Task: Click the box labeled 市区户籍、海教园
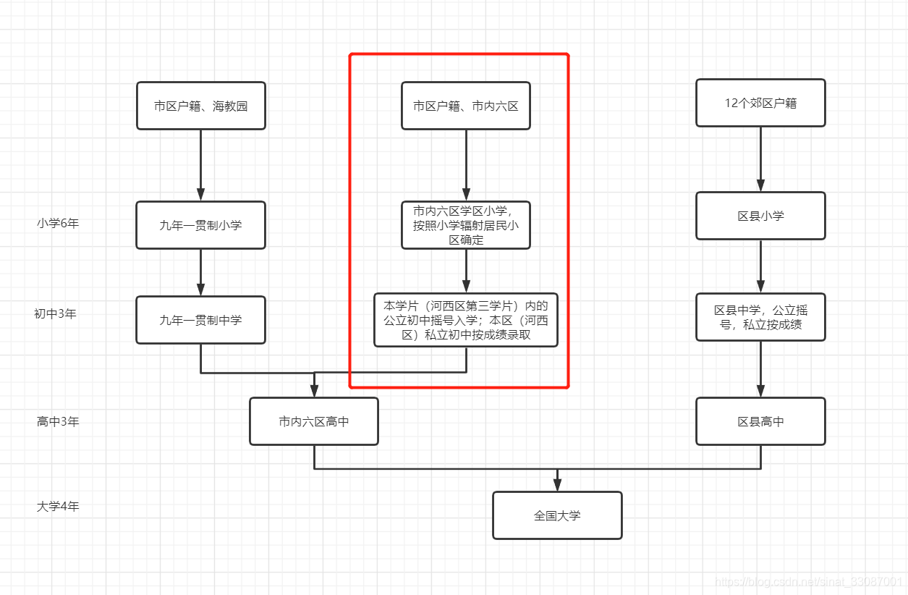click(x=200, y=106)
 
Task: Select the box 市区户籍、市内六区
click(x=466, y=106)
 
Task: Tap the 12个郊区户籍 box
click(x=760, y=103)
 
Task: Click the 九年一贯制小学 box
click(x=200, y=225)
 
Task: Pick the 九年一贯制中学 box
click(x=200, y=320)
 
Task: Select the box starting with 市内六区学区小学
click(x=466, y=225)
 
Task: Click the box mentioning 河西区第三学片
click(x=466, y=320)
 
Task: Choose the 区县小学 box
click(x=760, y=216)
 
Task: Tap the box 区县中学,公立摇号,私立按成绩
click(x=760, y=317)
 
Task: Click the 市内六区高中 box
click(x=314, y=421)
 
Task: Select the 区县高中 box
click(x=760, y=421)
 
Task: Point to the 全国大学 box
click(x=557, y=515)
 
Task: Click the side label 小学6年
click(x=58, y=223)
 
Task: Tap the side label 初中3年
click(x=55, y=314)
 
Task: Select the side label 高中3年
click(x=58, y=421)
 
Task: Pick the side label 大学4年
click(x=58, y=507)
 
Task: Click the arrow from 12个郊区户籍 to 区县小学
click(x=760, y=159)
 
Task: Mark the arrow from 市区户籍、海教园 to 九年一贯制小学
click(x=200, y=165)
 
